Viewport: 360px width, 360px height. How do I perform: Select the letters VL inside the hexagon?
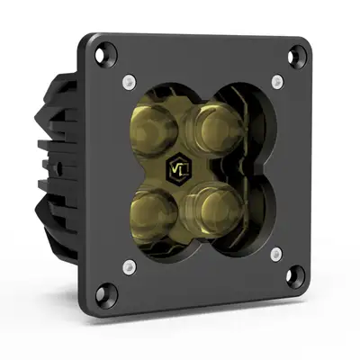click(178, 169)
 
